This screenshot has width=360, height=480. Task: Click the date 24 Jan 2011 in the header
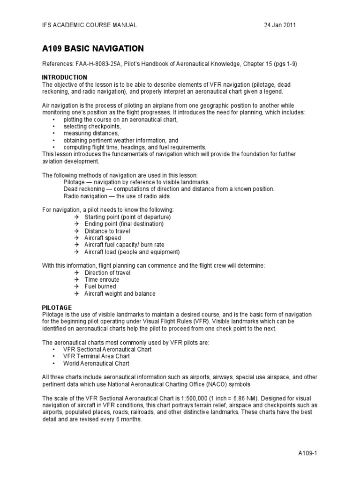[x=280, y=25]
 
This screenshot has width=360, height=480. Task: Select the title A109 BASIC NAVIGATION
[x=93, y=49]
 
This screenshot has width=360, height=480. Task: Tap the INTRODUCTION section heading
[x=65, y=77]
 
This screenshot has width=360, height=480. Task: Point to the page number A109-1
[x=308, y=454]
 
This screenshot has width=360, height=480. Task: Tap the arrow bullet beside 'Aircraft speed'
[x=77, y=238]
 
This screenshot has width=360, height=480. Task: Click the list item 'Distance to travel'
[x=107, y=231]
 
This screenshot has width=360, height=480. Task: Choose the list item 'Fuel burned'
[x=100, y=286]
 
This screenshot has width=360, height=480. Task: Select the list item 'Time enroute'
[x=102, y=280]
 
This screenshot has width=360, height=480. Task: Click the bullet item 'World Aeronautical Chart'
[x=97, y=363]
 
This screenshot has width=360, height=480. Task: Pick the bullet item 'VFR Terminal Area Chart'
[x=96, y=356]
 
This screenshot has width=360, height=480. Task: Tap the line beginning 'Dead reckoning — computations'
[x=169, y=189]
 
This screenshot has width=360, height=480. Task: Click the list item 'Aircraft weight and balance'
[x=120, y=293]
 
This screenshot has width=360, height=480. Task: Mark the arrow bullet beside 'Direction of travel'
[x=77, y=273]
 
